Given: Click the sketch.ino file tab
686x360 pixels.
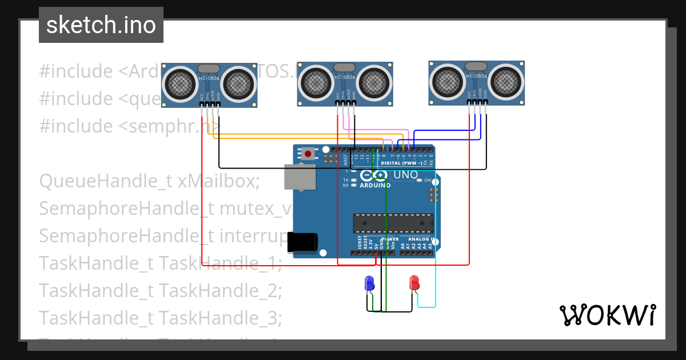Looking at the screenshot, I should (x=101, y=25).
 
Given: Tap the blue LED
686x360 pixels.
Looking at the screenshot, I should (x=370, y=282).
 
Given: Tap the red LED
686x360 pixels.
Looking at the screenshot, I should (x=414, y=282).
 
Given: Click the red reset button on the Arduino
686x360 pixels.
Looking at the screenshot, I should (x=309, y=153).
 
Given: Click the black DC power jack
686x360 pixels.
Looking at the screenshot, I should (x=302, y=242).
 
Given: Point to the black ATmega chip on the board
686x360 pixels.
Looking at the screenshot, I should (x=393, y=223).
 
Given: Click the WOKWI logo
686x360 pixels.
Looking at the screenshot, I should (x=607, y=315).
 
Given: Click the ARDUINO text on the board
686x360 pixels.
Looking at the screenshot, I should (x=375, y=185).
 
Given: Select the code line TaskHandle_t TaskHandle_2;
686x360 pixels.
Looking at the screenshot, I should (x=161, y=290).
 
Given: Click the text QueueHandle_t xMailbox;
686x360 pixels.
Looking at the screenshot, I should (x=149, y=181).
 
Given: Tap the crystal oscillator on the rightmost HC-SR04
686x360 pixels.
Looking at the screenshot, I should (x=476, y=66).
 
